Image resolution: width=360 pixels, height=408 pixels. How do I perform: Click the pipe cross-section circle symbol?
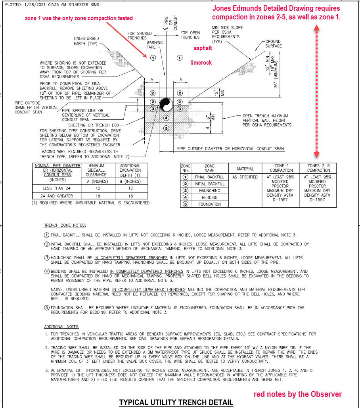pyautogui.click(x=166, y=105)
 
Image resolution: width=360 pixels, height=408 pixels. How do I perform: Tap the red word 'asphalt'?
pyautogui.click(x=203, y=48)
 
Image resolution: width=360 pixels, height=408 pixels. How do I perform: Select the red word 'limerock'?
pyautogui.click(x=201, y=63)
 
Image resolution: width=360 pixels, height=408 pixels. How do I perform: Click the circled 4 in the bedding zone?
pyautogui.click(x=166, y=118)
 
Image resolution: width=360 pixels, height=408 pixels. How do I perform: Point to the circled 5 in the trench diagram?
pyautogui.click(x=166, y=128)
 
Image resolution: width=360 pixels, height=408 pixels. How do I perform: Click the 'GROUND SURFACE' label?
pyautogui.click(x=273, y=44)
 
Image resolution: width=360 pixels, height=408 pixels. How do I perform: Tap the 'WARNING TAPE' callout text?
pyautogui.click(x=155, y=45)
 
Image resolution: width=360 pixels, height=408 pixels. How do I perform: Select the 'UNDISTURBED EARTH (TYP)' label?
pyautogui.click(x=86, y=41)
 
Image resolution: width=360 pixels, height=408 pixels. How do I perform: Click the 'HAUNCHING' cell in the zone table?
pyautogui.click(x=209, y=190)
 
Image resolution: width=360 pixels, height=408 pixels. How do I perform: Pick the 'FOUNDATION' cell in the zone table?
pyautogui.click(x=209, y=204)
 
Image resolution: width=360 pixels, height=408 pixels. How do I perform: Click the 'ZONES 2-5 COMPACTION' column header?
pyautogui.click(x=318, y=168)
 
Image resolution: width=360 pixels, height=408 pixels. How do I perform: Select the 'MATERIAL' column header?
pyautogui.click(x=245, y=169)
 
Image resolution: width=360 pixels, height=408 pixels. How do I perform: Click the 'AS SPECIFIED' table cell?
pyautogui.click(x=245, y=177)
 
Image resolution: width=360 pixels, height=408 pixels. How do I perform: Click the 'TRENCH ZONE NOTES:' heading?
pyautogui.click(x=65, y=225)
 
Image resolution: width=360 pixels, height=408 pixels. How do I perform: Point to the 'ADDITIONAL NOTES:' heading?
pyautogui.click(x=61, y=327)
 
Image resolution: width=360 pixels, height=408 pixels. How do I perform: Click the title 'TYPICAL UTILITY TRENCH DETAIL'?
pyautogui.click(x=176, y=402)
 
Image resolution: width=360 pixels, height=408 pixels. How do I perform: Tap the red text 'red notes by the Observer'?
pyautogui.click(x=298, y=394)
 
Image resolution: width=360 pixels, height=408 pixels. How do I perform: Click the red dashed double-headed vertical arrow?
pyautogui.click(x=316, y=91)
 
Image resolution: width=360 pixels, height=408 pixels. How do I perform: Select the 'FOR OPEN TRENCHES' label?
pyautogui.click(x=190, y=35)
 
